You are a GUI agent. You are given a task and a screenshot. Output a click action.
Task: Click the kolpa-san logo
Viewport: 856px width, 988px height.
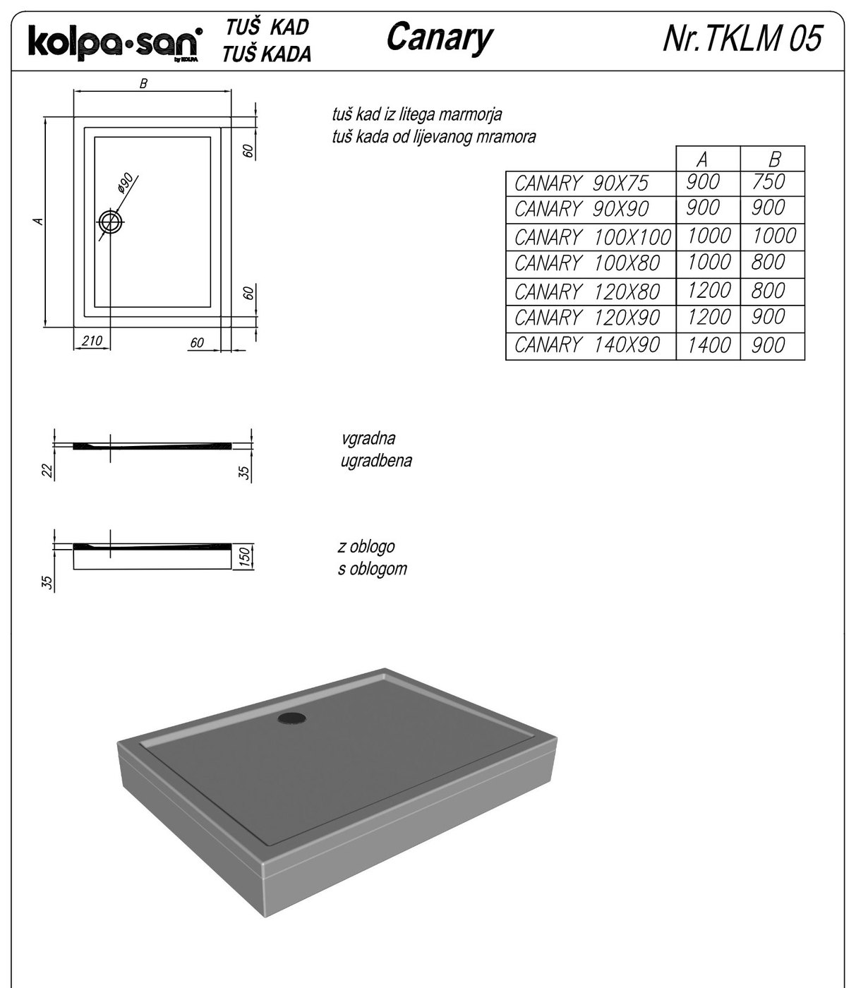116,44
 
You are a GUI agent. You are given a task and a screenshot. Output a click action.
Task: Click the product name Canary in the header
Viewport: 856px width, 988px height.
439,38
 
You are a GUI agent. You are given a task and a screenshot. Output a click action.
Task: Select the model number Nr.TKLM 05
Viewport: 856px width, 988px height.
742,38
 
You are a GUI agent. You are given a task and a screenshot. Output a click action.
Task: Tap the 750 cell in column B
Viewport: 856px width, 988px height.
768,181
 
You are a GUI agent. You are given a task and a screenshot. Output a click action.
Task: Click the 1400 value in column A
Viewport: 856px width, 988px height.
709,345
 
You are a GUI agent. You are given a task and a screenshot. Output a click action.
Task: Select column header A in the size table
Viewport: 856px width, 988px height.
702,159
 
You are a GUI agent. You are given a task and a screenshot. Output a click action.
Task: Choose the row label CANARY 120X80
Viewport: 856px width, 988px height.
587,292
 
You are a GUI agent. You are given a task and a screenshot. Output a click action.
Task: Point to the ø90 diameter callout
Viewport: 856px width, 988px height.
125,183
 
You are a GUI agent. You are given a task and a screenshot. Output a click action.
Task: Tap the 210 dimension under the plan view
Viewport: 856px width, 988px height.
92,341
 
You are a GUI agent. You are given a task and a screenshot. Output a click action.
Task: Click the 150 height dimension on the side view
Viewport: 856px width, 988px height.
243,556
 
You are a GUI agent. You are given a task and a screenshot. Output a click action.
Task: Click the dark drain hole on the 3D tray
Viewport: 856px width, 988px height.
292,718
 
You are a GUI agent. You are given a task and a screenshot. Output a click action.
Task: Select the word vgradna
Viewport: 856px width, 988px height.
368,439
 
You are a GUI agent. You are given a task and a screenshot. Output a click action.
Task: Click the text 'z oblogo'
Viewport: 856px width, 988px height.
366,547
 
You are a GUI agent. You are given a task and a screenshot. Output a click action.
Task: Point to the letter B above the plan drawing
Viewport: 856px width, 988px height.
143,84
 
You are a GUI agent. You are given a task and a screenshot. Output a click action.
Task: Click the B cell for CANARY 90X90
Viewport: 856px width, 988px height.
768,207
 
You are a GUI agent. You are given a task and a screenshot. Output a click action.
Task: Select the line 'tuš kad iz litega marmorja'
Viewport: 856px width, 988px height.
417,115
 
